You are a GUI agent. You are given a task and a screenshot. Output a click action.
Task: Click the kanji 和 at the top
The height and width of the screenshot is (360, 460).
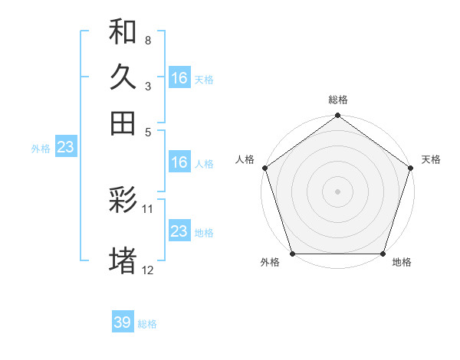pos(123,31)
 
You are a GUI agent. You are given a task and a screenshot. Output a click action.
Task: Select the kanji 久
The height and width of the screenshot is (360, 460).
pos(123,77)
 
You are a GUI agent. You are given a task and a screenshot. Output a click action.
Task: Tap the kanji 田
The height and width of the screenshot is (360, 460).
pos(123,123)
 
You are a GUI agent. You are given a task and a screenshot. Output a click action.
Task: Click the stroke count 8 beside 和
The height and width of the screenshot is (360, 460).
pos(148,40)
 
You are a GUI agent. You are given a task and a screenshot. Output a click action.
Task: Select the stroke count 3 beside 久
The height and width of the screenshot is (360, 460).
pos(148,87)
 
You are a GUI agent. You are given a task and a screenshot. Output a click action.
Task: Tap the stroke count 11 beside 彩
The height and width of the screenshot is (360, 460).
pos(149,208)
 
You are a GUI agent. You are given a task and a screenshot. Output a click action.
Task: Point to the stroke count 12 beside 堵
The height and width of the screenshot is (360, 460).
pos(149,270)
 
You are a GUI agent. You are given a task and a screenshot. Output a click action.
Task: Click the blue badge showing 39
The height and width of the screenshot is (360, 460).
pos(122,322)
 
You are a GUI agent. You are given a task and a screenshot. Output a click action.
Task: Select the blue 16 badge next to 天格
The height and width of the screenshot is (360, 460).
pos(179,78)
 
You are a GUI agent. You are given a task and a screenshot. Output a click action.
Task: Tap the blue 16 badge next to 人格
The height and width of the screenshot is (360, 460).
pos(179,162)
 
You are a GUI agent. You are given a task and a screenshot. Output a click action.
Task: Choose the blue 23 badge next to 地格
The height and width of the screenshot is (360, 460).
pos(179,231)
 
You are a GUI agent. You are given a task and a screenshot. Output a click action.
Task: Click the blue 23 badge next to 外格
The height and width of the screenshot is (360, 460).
pos(64,148)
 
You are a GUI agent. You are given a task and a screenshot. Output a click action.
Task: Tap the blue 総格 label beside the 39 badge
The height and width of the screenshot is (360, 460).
pos(147,324)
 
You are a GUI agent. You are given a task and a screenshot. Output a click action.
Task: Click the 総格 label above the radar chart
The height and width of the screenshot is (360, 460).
pos(338,100)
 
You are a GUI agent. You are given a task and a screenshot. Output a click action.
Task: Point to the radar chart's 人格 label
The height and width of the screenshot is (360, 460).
pos(245,159)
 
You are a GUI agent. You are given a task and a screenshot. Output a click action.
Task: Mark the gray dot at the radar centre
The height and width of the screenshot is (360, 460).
pos(338,191)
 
